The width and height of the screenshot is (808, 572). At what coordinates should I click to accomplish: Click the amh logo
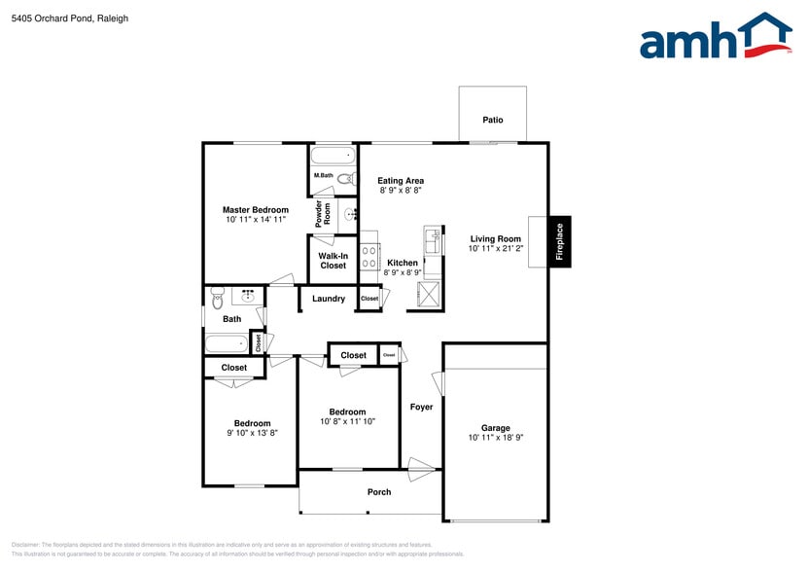(x=715, y=40)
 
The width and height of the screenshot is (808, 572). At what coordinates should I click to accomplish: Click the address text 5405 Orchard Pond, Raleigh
(x=69, y=18)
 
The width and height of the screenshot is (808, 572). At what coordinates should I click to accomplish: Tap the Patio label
(x=493, y=120)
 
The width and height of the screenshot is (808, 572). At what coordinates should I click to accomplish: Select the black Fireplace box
(x=559, y=240)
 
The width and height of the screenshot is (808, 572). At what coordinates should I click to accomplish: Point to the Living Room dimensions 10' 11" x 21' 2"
(x=495, y=249)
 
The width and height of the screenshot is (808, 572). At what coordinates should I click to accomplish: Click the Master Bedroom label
(x=255, y=210)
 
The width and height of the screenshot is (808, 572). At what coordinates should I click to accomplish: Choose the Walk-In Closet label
(x=333, y=261)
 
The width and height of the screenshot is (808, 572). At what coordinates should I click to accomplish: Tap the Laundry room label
(x=329, y=299)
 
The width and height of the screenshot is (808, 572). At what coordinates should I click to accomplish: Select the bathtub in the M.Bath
(x=334, y=156)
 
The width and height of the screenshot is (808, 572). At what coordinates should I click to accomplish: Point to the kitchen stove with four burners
(x=369, y=257)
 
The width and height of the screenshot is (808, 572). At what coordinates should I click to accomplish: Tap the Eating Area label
(x=401, y=181)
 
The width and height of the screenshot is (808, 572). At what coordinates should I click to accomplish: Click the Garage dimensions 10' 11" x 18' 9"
(x=495, y=439)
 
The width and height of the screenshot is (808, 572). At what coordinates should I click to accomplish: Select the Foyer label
(x=421, y=407)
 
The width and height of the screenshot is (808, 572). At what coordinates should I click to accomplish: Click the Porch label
(x=379, y=492)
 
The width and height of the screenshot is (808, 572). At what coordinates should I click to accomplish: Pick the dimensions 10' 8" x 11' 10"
(x=347, y=422)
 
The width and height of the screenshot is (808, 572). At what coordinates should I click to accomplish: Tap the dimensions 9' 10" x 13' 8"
(x=251, y=434)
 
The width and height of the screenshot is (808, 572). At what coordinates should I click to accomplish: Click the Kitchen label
(x=403, y=263)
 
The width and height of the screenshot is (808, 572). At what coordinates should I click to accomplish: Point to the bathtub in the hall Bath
(x=227, y=343)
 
